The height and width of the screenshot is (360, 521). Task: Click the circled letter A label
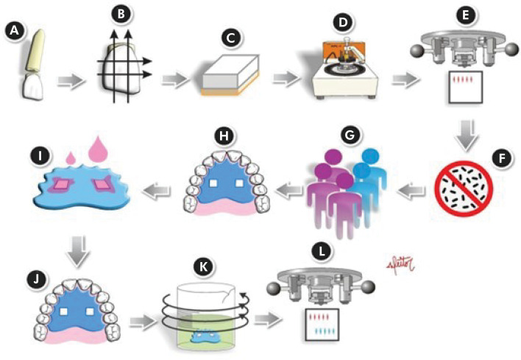[13, 31]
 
